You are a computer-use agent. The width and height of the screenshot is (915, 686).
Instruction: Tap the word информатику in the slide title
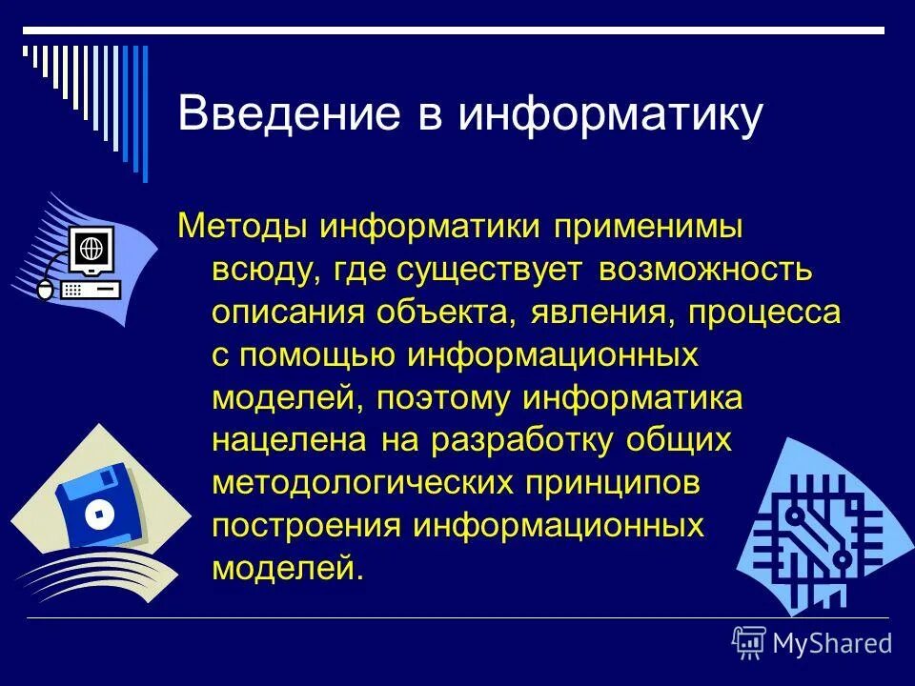[610, 115]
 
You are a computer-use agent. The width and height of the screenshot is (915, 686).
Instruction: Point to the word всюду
[266, 271]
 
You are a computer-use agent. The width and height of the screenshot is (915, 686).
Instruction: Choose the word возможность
[705, 271]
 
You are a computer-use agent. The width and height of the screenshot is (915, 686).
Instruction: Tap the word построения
[304, 525]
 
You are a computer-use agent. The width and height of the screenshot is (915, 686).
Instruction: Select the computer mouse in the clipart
[45, 291]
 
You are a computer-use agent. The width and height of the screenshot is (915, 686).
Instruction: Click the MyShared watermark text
[831, 643]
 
